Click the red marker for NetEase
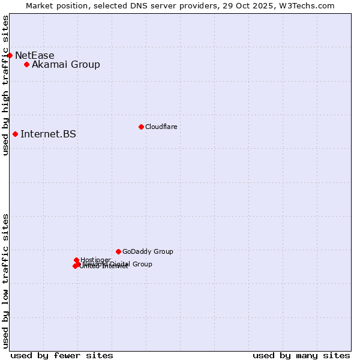click(x=10, y=55)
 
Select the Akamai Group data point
click(x=26, y=64)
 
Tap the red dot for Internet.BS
click(x=15, y=134)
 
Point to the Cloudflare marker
click(x=141, y=127)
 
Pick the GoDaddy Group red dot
click(x=118, y=251)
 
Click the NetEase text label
click(x=34, y=55)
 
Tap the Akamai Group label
click(x=66, y=64)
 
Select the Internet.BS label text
click(x=48, y=134)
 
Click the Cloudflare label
click(x=161, y=127)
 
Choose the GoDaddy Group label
click(x=148, y=251)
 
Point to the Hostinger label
click(x=95, y=260)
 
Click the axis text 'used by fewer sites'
click(x=62, y=355)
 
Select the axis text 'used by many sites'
click(x=301, y=355)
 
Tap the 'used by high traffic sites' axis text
click(x=5, y=85)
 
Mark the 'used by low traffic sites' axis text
click(x=5, y=281)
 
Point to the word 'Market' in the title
click(x=40, y=5)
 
